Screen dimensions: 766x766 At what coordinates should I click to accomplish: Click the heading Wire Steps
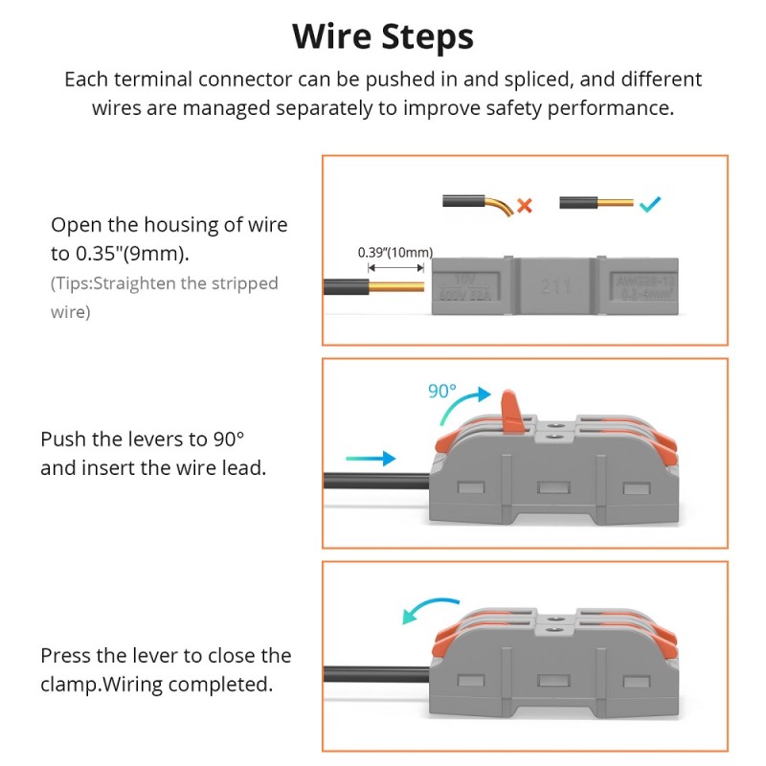[383, 36]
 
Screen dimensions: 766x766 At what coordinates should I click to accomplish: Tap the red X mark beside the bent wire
[524, 204]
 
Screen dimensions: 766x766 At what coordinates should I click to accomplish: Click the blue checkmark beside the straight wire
[650, 204]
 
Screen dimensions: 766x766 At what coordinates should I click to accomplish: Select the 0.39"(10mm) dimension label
[394, 253]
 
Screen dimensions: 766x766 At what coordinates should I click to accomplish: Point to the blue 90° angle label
[443, 391]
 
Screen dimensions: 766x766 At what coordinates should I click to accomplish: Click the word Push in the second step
[62, 439]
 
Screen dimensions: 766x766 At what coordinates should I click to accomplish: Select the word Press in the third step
[65, 656]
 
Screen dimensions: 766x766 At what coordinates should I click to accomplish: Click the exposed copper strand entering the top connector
[394, 286]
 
